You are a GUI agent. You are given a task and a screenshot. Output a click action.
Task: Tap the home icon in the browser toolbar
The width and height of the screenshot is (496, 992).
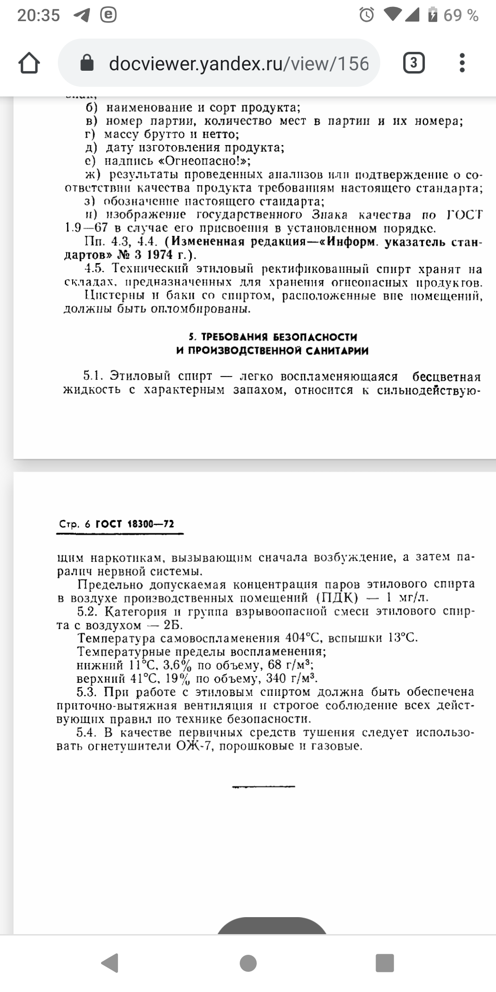pyautogui.click(x=29, y=63)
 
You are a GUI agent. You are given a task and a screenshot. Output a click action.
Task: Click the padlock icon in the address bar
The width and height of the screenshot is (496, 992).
pyautogui.click(x=87, y=63)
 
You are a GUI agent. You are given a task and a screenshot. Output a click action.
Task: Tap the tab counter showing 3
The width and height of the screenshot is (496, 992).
pyautogui.click(x=413, y=63)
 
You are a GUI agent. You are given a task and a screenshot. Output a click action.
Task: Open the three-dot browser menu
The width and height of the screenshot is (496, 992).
pyautogui.click(x=462, y=63)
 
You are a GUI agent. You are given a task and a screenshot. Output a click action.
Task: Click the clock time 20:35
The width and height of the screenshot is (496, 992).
pyautogui.click(x=39, y=15)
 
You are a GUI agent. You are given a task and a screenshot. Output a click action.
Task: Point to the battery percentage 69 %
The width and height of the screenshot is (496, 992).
pyautogui.click(x=461, y=15)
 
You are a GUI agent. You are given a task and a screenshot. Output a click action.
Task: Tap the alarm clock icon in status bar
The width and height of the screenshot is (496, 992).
pyautogui.click(x=366, y=15)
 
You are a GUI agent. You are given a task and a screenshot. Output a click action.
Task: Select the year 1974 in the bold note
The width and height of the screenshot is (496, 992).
pyautogui.click(x=159, y=255)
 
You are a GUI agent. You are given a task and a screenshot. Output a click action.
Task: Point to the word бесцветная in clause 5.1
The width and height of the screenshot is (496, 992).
pyautogui.click(x=446, y=377)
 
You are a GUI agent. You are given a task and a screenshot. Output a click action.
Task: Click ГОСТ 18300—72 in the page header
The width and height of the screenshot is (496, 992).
pyautogui.click(x=135, y=524)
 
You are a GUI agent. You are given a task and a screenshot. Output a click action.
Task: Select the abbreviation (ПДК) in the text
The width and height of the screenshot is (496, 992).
pyautogui.click(x=337, y=598)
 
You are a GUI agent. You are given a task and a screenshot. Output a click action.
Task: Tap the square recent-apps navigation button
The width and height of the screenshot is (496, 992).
pyautogui.click(x=384, y=963)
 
